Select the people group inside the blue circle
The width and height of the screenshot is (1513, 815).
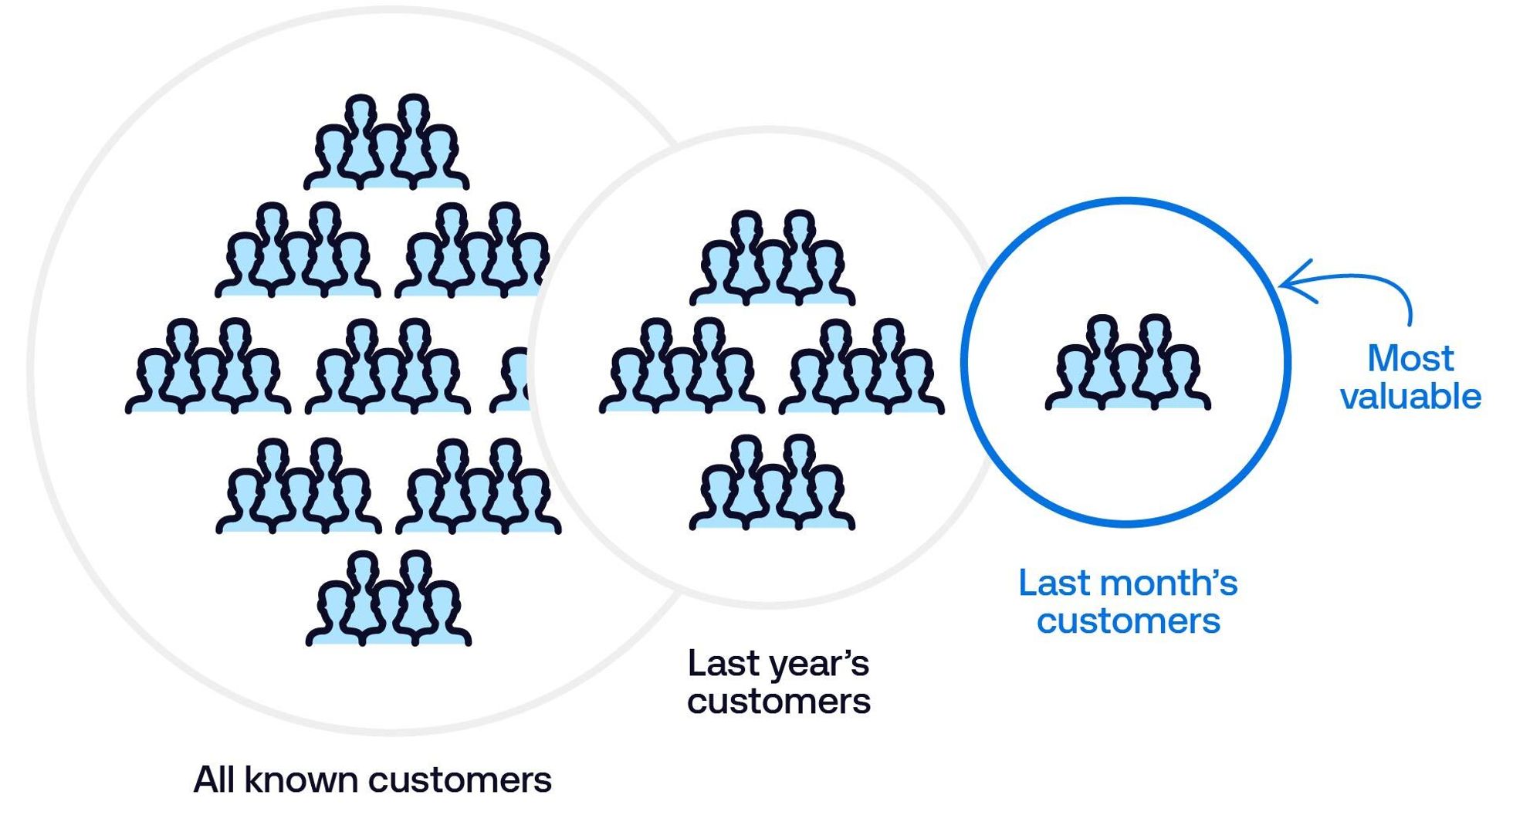pos(1128,363)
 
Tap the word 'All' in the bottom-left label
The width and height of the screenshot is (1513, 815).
pos(214,779)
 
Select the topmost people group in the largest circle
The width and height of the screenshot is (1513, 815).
pos(386,144)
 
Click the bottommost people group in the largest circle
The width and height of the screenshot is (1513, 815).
pos(388,599)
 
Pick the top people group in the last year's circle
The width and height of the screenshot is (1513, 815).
pos(772,259)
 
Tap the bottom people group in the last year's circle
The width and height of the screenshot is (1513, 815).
pos(772,483)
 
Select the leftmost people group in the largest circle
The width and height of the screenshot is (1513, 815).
pos(208,367)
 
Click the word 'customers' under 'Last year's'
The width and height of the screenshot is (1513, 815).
pos(778,702)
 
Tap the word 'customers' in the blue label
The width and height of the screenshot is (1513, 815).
pos(1128,621)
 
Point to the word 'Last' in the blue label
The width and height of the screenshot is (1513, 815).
pos(1053,583)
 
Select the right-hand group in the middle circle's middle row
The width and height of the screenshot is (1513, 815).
pos(861,367)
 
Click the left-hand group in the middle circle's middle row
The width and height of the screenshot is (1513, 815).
pos(682,367)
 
